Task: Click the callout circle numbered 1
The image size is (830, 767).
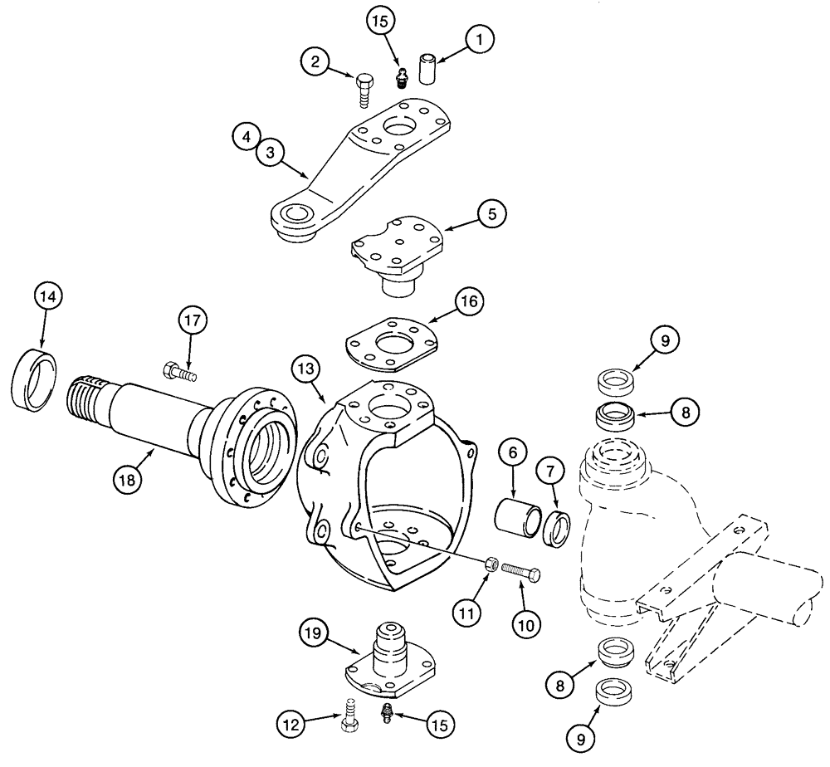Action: click(x=479, y=37)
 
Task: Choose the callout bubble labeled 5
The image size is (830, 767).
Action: click(x=491, y=213)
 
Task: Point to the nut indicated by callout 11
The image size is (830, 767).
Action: click(x=491, y=564)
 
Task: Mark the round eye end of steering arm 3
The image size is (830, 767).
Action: click(x=295, y=219)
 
